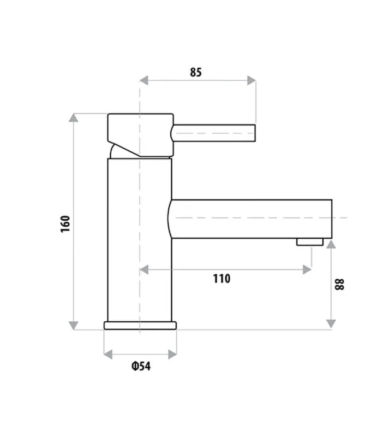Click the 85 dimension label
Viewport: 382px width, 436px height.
(195, 72)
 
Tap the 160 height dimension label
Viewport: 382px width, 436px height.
(65, 224)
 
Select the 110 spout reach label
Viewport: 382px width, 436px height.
(222, 279)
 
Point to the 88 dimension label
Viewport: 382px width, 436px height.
(339, 285)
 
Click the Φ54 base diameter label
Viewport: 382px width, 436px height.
(141, 366)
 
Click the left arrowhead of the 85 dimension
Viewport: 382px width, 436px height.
(144, 80)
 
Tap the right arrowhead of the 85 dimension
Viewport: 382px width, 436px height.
(252, 80)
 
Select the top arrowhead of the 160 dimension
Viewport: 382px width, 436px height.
(73, 117)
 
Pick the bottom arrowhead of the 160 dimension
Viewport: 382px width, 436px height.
(73, 326)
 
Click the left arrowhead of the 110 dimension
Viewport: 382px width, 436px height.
(144, 269)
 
